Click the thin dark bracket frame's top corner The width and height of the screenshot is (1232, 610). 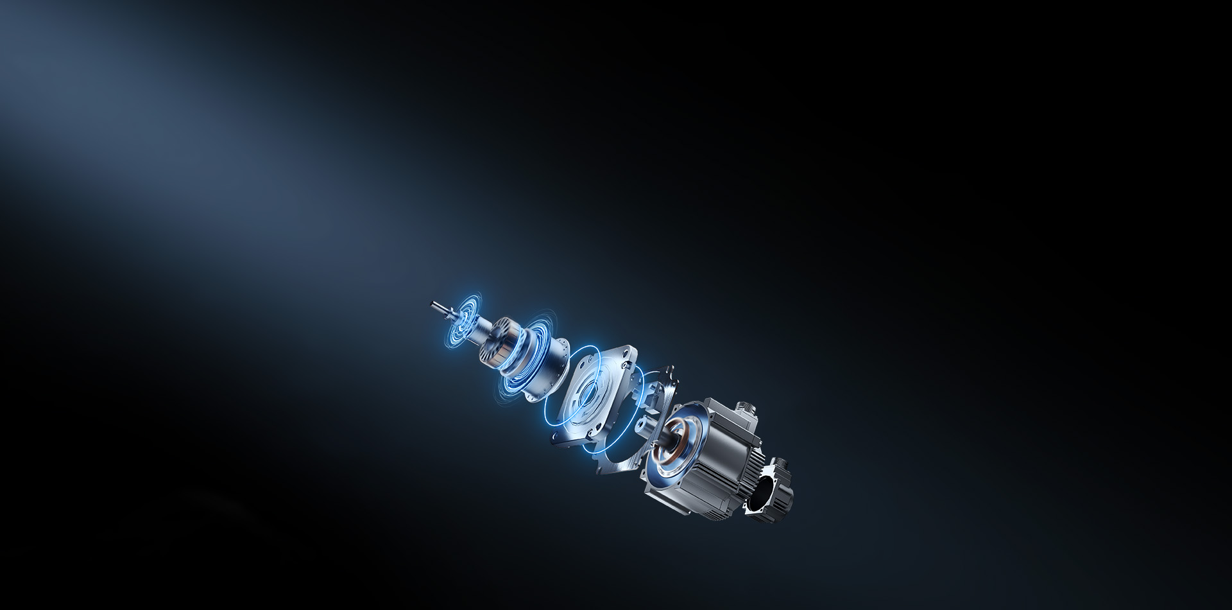671,369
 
